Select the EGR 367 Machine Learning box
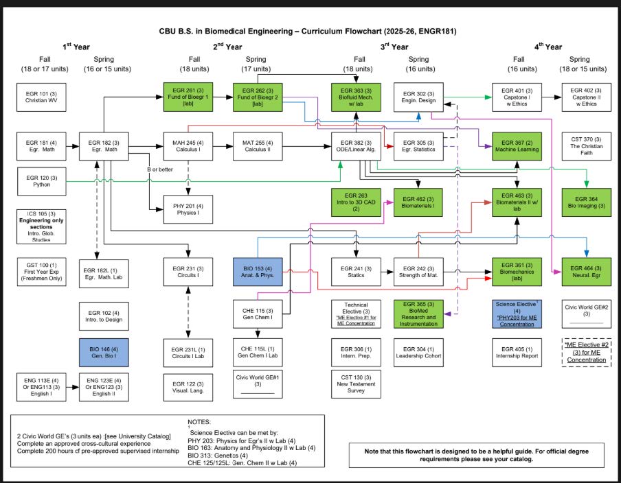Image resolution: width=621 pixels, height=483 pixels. click(516, 147)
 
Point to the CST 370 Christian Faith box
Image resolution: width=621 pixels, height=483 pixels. click(586, 147)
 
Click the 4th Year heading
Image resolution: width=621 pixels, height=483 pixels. click(550, 47)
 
